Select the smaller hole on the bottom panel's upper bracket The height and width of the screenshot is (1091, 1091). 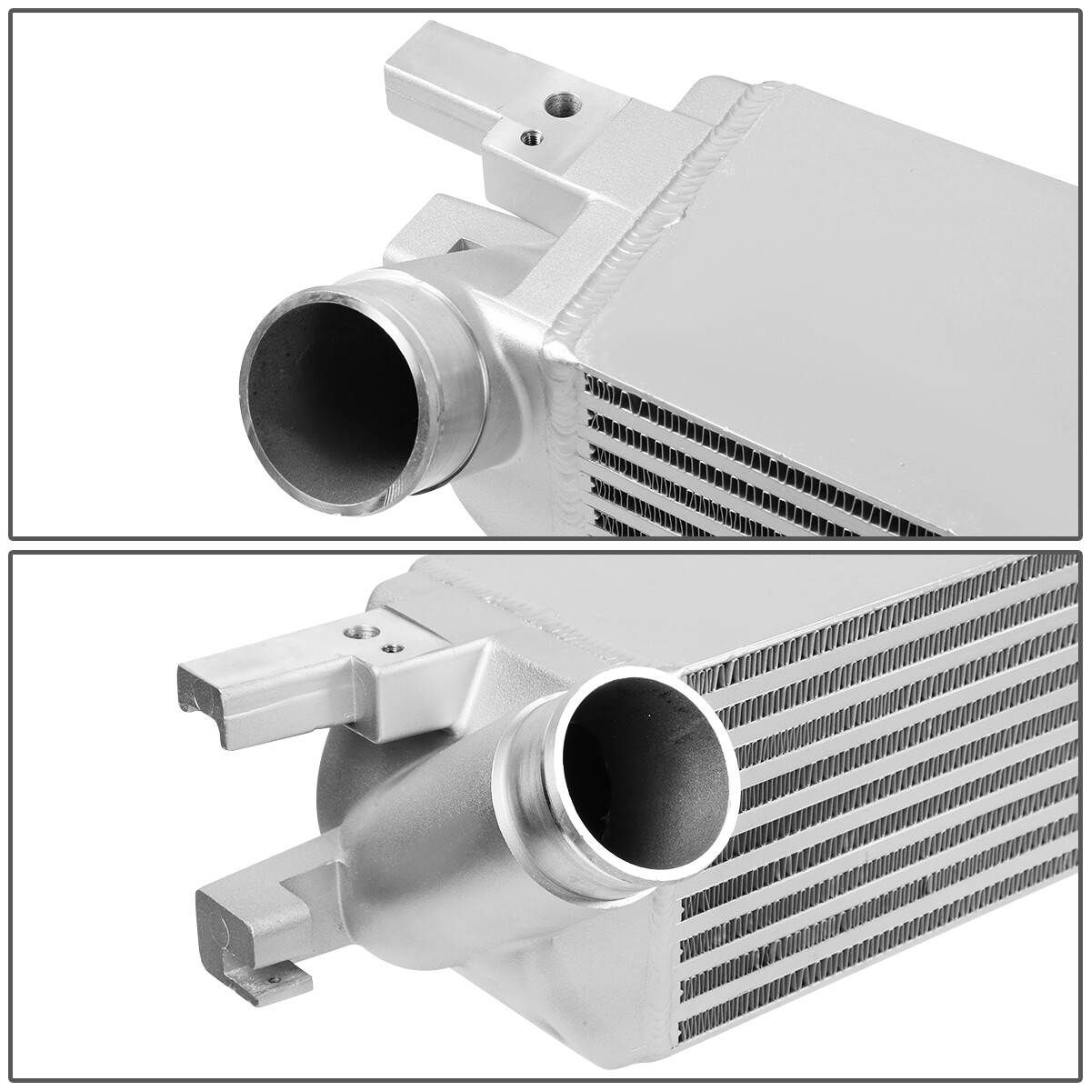[x=391, y=648]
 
